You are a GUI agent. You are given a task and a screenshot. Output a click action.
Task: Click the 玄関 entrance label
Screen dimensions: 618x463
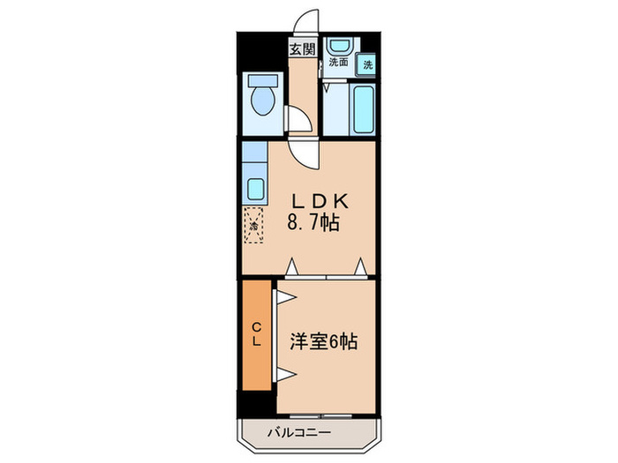point(303,49)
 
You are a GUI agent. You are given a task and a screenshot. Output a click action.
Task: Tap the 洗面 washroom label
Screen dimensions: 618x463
point(338,63)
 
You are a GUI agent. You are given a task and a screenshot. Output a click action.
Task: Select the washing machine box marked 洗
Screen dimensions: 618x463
point(366,64)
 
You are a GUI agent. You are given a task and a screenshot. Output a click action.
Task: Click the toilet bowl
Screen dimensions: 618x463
point(263,101)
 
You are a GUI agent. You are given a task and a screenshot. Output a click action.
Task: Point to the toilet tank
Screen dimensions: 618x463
point(263,81)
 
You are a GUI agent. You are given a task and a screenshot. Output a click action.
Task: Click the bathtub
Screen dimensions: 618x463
point(364,109)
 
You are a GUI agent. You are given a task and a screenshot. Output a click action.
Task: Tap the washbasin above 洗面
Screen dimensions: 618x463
point(342,46)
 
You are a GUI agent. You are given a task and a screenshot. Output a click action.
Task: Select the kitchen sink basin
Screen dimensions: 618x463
point(255,189)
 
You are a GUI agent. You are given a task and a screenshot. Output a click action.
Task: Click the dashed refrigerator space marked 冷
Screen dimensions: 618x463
point(253,225)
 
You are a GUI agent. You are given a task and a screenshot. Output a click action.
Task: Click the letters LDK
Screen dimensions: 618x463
point(320,201)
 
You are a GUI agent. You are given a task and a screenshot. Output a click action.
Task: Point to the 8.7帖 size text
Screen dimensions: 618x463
point(313,222)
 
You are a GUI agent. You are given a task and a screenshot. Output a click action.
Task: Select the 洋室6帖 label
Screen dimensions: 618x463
point(324,341)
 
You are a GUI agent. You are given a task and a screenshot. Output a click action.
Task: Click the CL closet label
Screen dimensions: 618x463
point(257,334)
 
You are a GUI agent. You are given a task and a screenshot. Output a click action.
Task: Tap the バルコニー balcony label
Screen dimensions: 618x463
point(299,433)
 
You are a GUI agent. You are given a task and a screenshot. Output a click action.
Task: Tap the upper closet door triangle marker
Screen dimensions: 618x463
point(286,297)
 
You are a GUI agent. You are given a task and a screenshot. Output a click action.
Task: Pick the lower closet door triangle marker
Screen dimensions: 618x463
point(286,375)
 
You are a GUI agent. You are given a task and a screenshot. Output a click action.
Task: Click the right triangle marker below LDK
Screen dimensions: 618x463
point(360,267)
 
